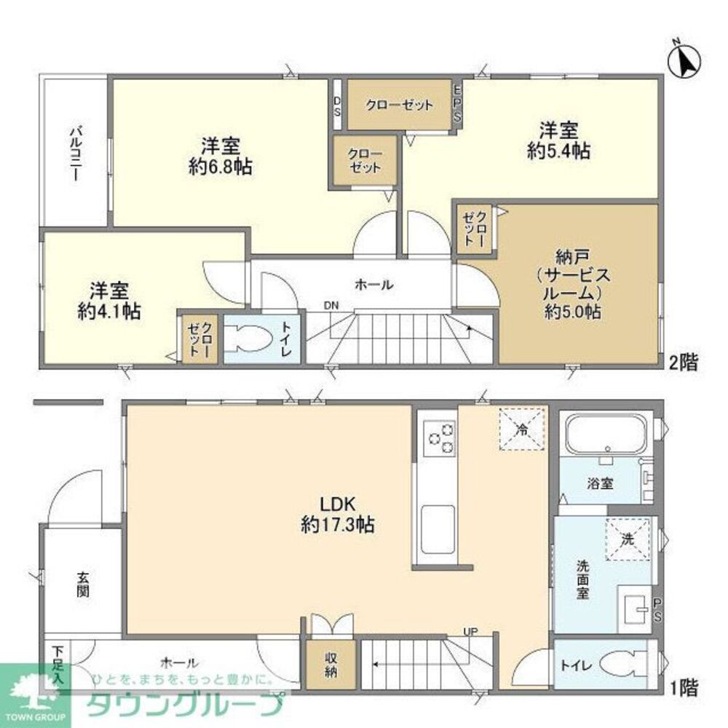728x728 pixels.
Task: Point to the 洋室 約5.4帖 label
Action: pyautogui.click(x=558, y=141)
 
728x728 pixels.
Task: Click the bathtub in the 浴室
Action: pyautogui.click(x=606, y=433)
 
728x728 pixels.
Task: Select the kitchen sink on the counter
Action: pyautogui.click(x=437, y=525)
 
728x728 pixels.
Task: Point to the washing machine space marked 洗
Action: pyautogui.click(x=627, y=539)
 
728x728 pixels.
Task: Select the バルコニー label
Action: pyautogui.click(x=75, y=154)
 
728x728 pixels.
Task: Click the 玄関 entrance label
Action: pyautogui.click(x=82, y=583)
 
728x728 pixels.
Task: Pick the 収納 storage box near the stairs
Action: pyautogui.click(x=331, y=665)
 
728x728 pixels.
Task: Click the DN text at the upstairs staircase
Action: pyautogui.click(x=331, y=306)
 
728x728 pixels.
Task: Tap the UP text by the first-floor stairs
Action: pyautogui.click(x=470, y=631)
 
